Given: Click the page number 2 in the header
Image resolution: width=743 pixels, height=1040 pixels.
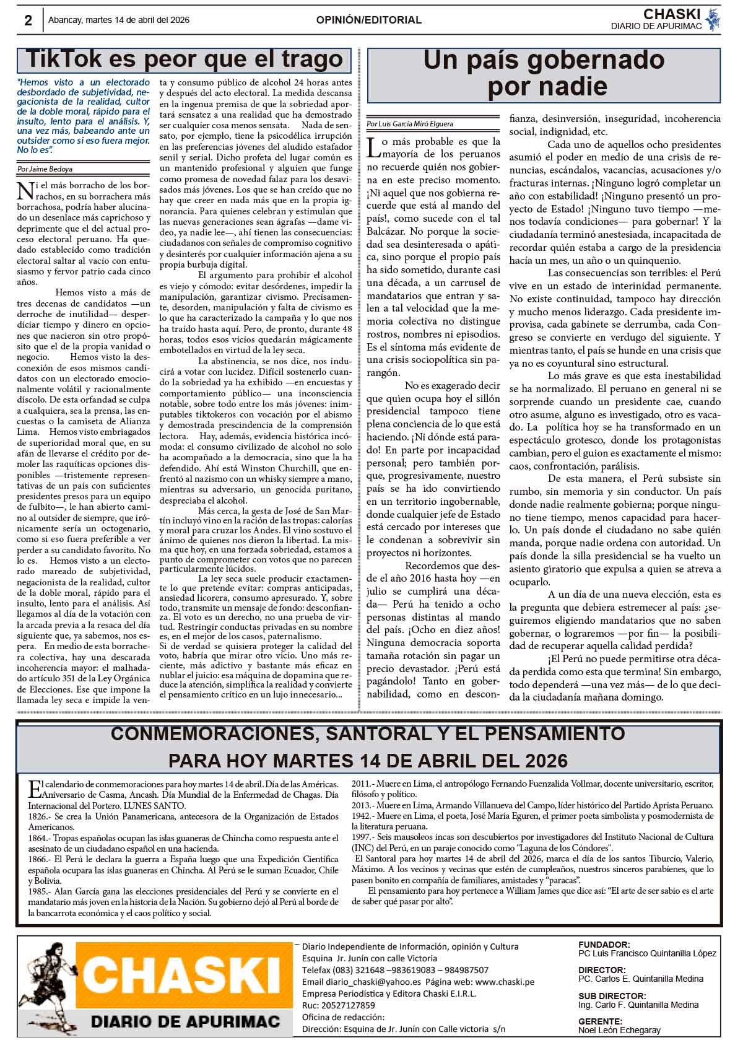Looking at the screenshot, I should (28, 20).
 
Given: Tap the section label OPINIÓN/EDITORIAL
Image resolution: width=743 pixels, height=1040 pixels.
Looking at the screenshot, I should (368, 20).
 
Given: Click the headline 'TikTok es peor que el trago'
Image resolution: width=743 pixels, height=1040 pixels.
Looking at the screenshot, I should (184, 59).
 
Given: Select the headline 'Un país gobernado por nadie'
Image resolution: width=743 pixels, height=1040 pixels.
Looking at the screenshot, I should (544, 73).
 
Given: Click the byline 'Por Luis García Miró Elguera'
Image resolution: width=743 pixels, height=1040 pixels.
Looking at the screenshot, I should (409, 124).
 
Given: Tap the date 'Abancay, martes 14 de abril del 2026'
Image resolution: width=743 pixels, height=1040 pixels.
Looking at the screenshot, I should (119, 20).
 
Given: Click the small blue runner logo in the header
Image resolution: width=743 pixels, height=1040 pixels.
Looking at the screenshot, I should (713, 19).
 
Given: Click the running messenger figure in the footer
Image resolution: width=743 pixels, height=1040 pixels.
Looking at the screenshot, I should (52, 985).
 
